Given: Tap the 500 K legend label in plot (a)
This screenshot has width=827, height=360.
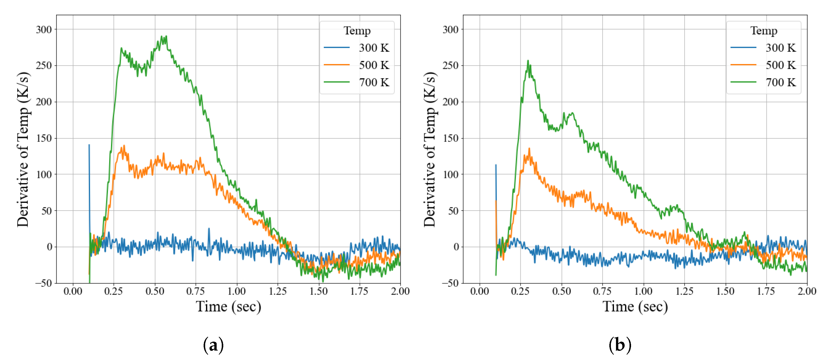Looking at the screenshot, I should click(374, 65).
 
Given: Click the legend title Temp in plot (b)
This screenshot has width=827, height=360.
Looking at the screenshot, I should click(763, 31).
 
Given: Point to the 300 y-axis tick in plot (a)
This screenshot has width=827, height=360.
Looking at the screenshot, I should click(44, 30).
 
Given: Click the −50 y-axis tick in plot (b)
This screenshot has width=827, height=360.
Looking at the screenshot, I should click(450, 283).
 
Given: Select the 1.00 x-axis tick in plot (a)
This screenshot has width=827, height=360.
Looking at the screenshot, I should click(237, 291).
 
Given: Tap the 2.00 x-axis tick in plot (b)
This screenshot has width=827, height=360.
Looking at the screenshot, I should click(807, 291).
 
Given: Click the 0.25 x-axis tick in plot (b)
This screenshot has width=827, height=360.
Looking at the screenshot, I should click(520, 291).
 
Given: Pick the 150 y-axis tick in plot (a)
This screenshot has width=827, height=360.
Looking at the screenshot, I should click(44, 138).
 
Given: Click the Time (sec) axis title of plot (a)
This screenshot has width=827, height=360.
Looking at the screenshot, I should click(228, 306).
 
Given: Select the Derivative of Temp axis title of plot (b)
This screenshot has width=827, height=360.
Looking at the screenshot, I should click(429, 149).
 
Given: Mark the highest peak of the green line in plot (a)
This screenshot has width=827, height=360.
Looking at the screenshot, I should click(166, 36).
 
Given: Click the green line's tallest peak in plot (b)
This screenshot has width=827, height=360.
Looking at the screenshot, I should click(527, 60).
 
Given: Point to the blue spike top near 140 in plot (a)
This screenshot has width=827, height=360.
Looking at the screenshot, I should click(89, 145).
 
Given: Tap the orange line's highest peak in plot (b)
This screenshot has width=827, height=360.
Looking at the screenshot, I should click(529, 148).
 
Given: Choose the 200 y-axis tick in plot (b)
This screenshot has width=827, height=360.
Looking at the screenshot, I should click(450, 102).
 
